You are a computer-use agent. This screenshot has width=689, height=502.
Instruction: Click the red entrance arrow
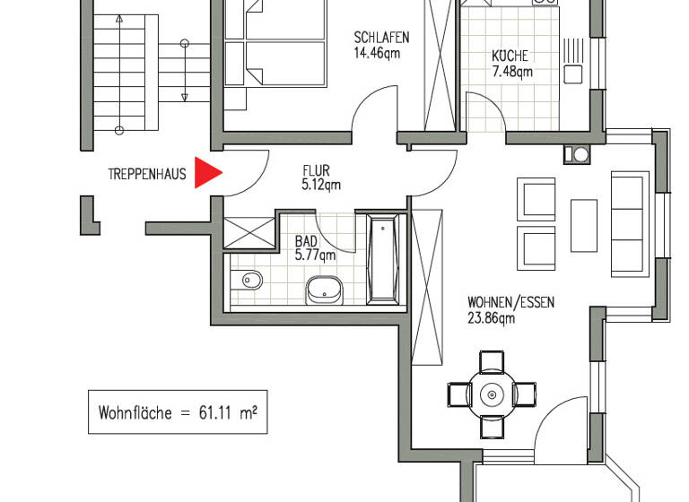tap(207, 173)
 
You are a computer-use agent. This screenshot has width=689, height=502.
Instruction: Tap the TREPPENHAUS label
tap(146, 175)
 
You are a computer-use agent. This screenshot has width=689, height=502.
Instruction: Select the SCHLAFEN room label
tap(381, 38)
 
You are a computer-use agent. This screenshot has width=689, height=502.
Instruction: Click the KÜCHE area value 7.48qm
tap(511, 71)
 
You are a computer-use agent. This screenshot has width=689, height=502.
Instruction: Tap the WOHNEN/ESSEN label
tap(510, 302)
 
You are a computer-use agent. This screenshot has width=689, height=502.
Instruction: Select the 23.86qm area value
tap(491, 317)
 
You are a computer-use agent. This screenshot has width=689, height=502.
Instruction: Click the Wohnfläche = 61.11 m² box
tap(178, 413)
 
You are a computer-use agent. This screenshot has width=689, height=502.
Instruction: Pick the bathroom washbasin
tap(324, 289)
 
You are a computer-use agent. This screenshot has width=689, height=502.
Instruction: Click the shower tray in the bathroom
tap(249, 231)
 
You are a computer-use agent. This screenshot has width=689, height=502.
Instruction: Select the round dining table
tap(492, 393)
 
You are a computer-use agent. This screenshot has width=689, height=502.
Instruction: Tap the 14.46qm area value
tap(377, 53)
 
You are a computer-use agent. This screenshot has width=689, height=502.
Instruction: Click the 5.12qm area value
tap(320, 186)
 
